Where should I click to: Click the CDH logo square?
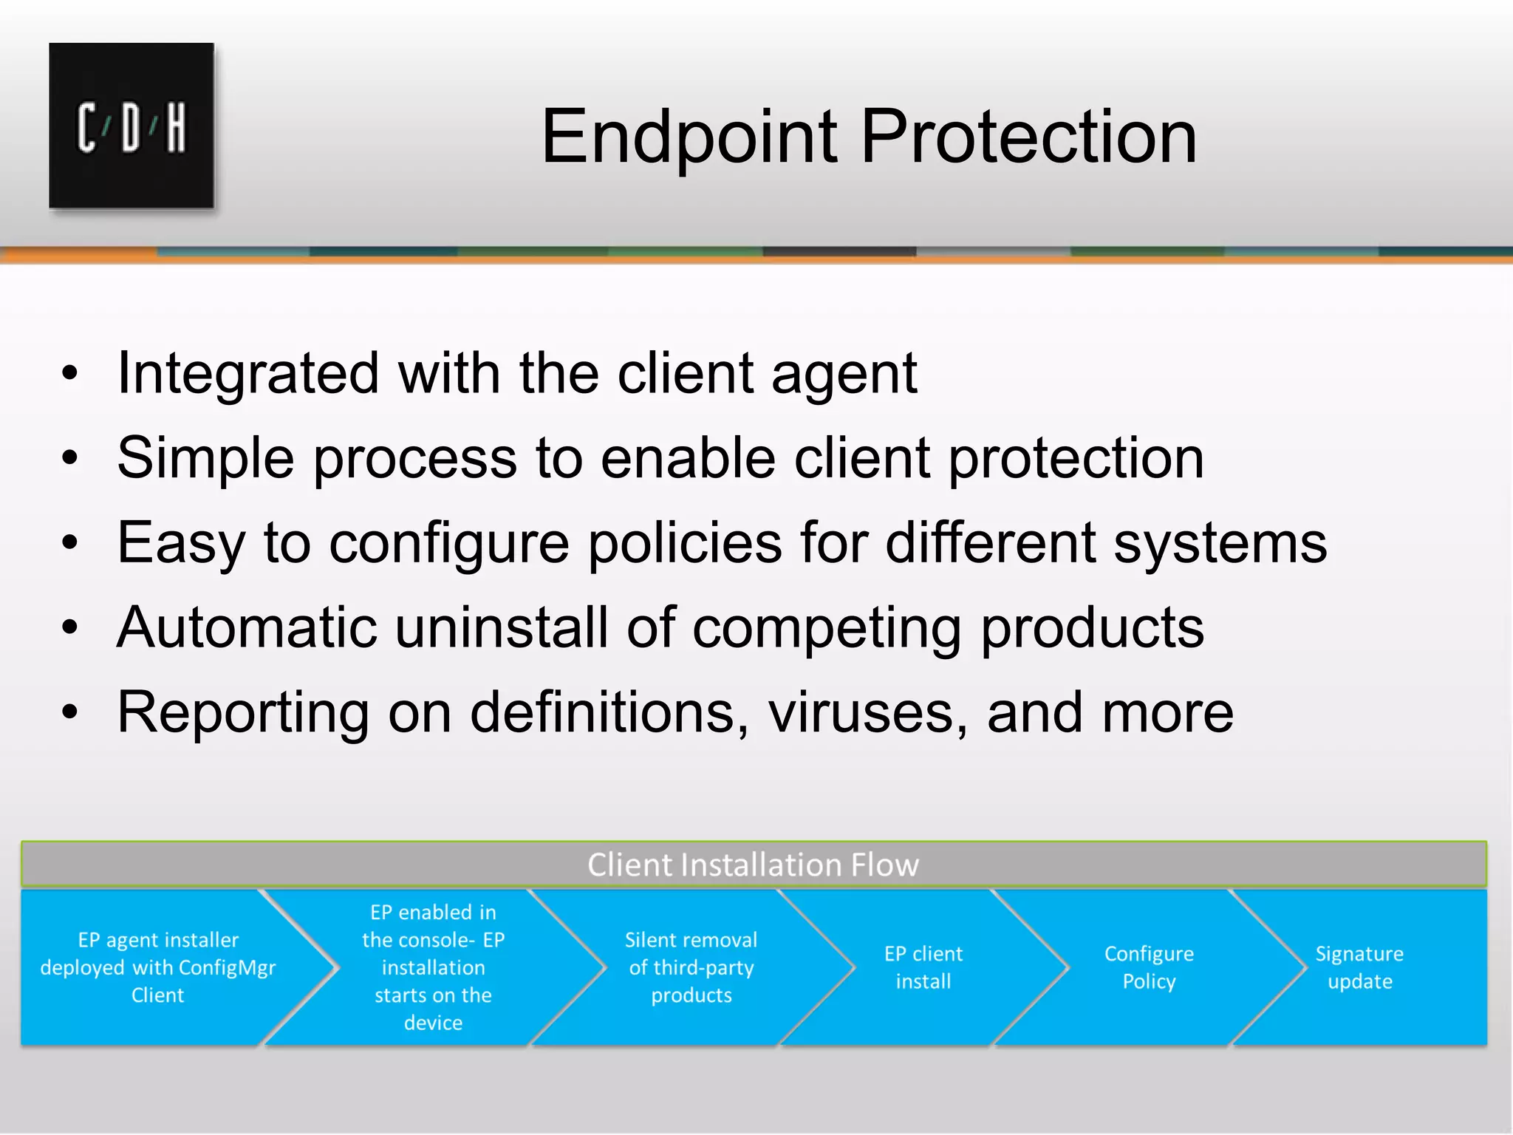coord(132,126)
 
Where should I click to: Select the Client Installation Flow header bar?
coord(754,865)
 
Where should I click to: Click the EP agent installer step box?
coord(157,967)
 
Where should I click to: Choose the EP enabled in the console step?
coord(433,967)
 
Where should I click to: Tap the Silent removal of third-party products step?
coord(691,967)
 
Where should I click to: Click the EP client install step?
coord(923,967)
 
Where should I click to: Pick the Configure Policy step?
coord(1149,967)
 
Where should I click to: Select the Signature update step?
coord(1359,967)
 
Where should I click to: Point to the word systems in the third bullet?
coord(1220,543)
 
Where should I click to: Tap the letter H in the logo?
coord(176,128)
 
